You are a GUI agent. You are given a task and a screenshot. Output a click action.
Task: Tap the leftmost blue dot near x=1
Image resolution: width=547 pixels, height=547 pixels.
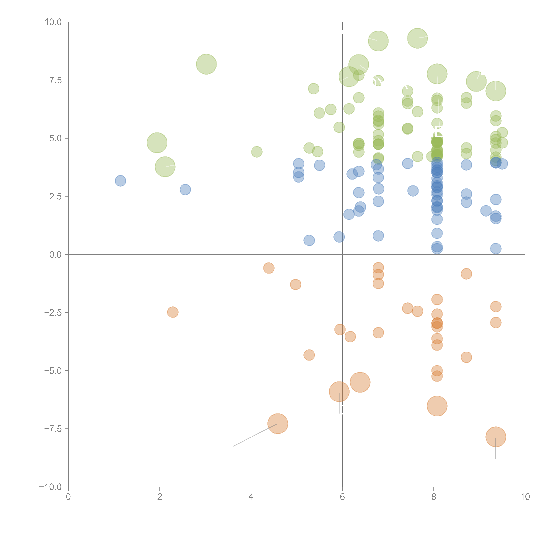pyautogui.click(x=120, y=181)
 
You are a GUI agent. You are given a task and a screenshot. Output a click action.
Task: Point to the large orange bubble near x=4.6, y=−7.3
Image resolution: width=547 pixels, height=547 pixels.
pyautogui.click(x=278, y=424)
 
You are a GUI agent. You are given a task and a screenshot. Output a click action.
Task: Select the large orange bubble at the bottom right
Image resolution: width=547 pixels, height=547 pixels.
pyautogui.click(x=495, y=437)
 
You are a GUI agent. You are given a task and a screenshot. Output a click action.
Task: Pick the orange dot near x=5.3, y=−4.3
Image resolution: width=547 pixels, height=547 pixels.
pyautogui.click(x=309, y=355)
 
